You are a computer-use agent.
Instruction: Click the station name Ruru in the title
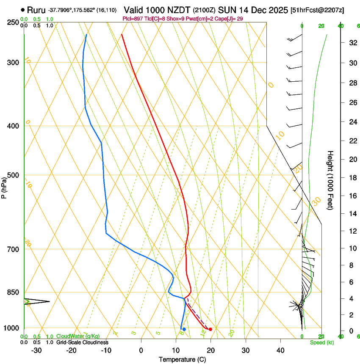(36, 10)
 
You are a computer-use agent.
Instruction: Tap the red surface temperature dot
(210, 329)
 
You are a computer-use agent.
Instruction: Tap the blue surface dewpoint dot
(184, 329)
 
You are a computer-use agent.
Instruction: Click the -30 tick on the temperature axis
(36, 350)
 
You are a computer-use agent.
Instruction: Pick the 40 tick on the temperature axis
(280, 350)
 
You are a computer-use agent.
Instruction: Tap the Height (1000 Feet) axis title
(331, 180)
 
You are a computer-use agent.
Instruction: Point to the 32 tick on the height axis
(352, 43)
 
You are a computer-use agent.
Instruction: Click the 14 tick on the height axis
(352, 214)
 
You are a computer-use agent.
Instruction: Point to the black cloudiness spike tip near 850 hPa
(50, 301)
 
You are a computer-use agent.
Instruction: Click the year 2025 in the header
(280, 10)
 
